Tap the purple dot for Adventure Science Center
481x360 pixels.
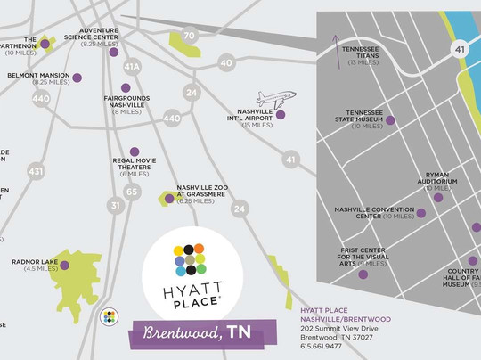point(114,53)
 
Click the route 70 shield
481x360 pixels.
point(188,36)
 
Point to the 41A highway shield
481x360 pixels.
point(133,66)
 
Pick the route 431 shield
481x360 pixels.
point(36,170)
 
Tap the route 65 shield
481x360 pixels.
point(133,192)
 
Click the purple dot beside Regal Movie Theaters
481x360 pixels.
point(135,151)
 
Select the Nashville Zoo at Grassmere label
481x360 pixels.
point(202,192)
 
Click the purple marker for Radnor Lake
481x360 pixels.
point(65,264)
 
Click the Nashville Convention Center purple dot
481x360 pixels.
point(421,213)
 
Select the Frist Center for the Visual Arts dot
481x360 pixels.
point(363,274)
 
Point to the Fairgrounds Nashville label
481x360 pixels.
point(126,103)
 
